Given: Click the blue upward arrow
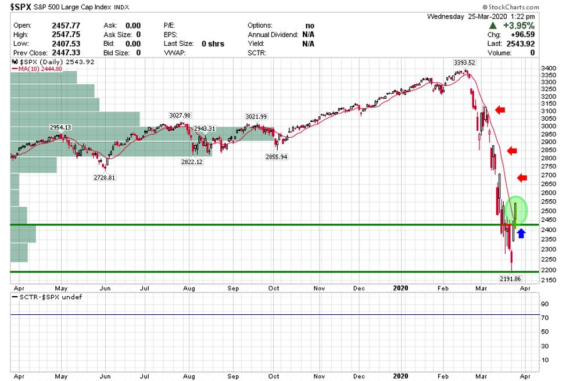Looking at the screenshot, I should pos(521,233).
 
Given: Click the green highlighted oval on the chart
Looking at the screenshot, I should pos(515,210).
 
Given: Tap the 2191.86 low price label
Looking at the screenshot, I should pos(512,279).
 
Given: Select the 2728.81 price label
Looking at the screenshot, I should pos(105,178).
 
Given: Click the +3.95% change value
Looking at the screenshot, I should pos(519,26).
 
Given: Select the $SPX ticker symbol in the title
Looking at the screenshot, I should pos(21,7).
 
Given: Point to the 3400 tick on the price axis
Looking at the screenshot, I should pos(548,69).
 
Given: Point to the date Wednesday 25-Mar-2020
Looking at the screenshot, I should pos(481,16).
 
